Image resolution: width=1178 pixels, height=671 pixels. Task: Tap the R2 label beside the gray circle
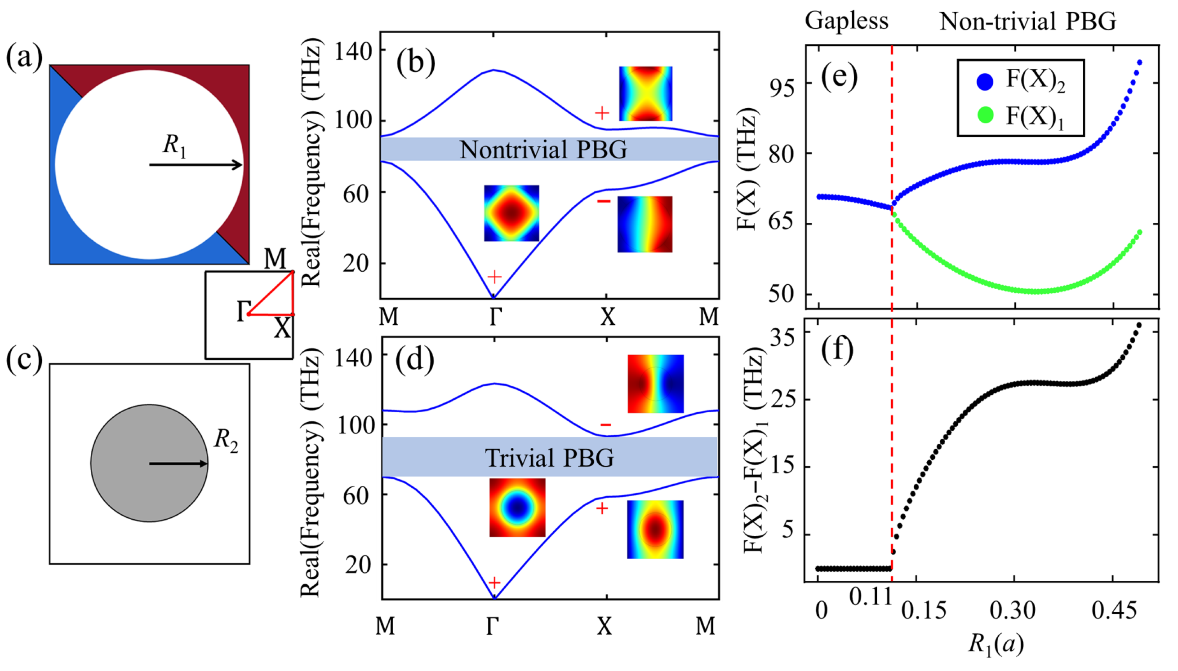point(226,441)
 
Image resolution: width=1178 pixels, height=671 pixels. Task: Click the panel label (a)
point(24,58)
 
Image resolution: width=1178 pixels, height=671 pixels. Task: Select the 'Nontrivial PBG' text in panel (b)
point(543,150)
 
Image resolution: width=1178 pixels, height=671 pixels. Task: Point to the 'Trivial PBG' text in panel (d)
point(549,458)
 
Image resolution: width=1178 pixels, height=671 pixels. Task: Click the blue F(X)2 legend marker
point(984,82)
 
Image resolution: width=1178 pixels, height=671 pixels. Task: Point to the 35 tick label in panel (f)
point(782,338)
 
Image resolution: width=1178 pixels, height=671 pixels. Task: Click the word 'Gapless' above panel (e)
point(846,21)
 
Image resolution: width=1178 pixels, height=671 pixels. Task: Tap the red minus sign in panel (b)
point(604,201)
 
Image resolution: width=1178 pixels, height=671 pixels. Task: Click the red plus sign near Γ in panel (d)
point(494,583)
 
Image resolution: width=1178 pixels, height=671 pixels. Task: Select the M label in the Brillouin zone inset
point(275,259)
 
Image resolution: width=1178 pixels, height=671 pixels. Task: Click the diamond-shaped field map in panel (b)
point(511,213)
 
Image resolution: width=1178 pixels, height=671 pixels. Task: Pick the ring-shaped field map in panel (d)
point(517,508)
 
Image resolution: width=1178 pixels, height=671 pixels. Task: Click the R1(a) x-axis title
point(996,643)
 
